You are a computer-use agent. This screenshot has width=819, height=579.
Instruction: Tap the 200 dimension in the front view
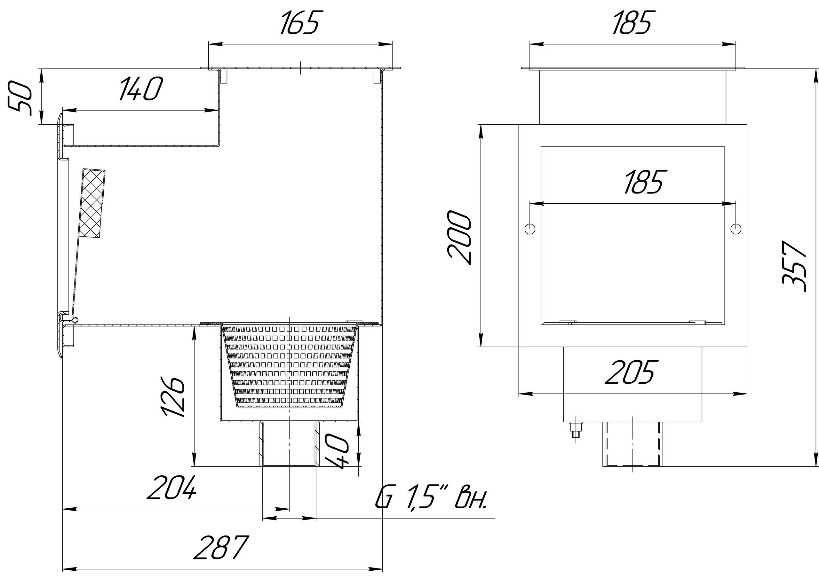[x=459, y=237]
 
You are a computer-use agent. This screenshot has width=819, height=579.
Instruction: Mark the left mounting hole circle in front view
[x=530, y=228]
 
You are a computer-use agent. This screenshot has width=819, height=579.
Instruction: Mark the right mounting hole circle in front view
[x=736, y=228]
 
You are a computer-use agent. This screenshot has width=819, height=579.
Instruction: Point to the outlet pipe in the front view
[x=632, y=444]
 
